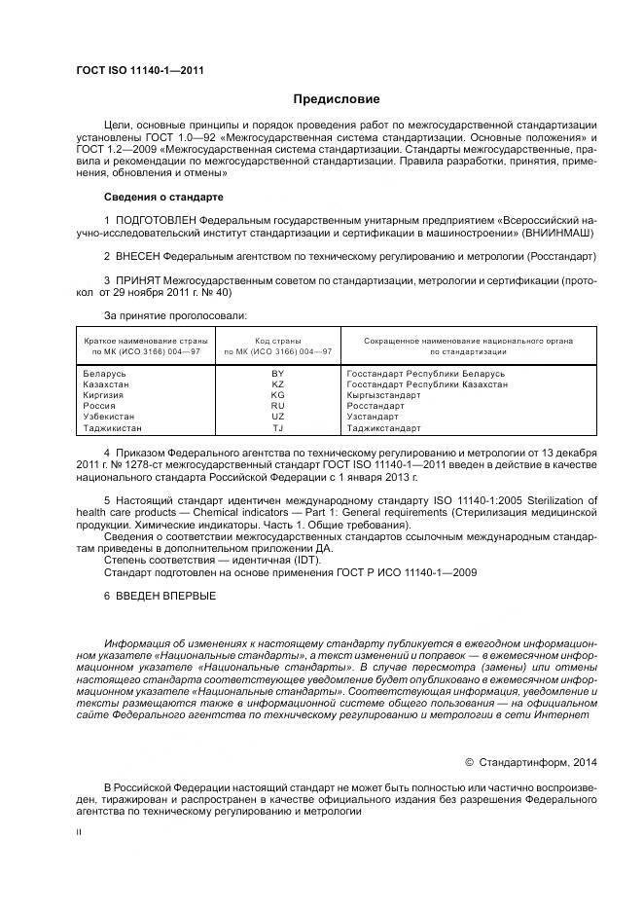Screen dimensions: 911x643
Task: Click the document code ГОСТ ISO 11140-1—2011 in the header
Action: pyautogui.click(x=140, y=69)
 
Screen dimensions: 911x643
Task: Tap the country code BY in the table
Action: pyautogui.click(x=278, y=374)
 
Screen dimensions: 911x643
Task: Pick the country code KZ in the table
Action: pyautogui.click(x=278, y=384)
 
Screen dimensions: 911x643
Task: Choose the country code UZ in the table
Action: pyautogui.click(x=278, y=417)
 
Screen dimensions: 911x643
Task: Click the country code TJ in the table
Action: pyautogui.click(x=278, y=427)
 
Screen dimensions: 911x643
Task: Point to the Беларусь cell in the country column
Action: pyautogui.click(x=105, y=374)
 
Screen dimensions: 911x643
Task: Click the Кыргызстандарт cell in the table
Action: pyautogui.click(x=383, y=395)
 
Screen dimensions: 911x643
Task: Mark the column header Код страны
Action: pyautogui.click(x=278, y=341)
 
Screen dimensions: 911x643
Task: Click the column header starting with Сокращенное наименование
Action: pyautogui.click(x=468, y=341)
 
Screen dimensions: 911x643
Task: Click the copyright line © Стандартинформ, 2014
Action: pyautogui.click(x=532, y=762)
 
